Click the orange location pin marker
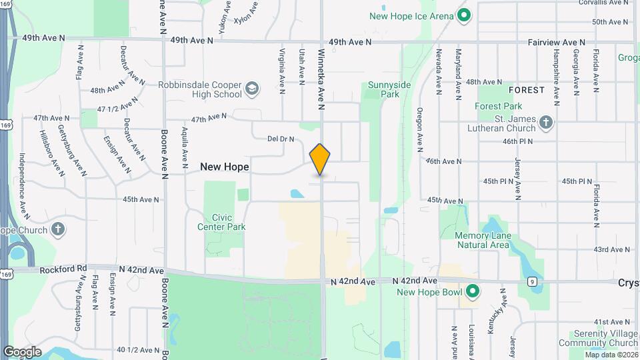pyautogui.click(x=321, y=159)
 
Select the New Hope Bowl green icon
pyautogui.click(x=473, y=292)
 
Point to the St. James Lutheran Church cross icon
pyautogui.click(x=546, y=123)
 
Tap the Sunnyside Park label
pyautogui.click(x=383, y=90)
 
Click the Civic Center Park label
pyautogui.click(x=221, y=223)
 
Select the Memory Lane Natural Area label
pyautogui.click(x=482, y=240)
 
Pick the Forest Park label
pyautogui.click(x=499, y=106)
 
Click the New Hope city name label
pyautogui.click(x=225, y=167)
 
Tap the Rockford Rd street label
pyautogui.click(x=63, y=270)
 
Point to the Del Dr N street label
pyautogui.click(x=281, y=139)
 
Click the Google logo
pyautogui.click(x=22, y=351)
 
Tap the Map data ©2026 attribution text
pyautogui.click(x=611, y=355)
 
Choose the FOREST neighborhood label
pyautogui.click(x=527, y=89)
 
